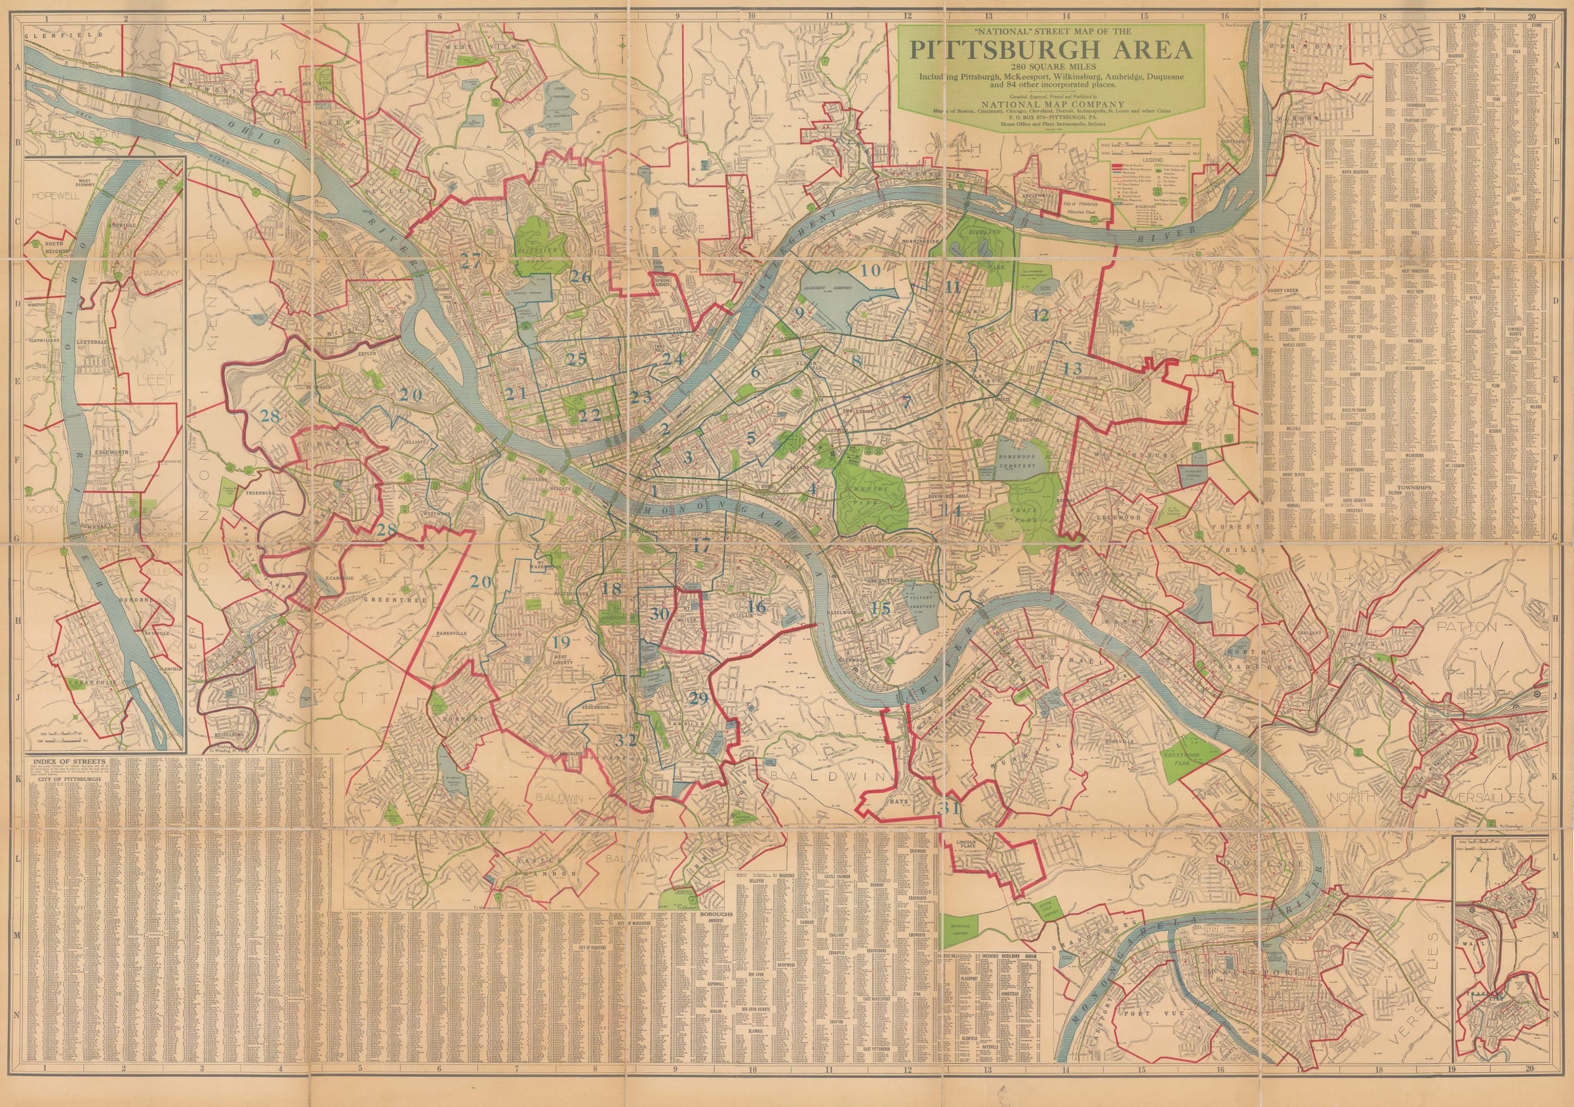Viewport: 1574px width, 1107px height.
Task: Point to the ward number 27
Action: (x=471, y=260)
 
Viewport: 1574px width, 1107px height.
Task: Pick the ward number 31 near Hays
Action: (x=951, y=807)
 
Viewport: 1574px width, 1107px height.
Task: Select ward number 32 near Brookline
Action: (x=625, y=740)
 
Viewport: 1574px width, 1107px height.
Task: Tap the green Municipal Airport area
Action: (x=963, y=927)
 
